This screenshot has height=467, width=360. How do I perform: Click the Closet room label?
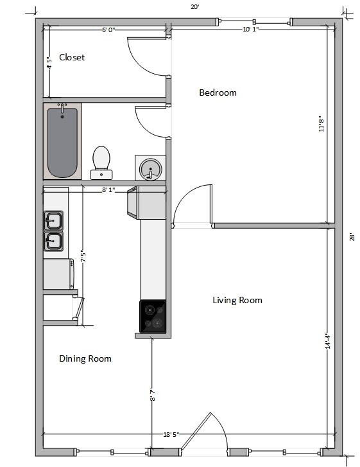tap(72, 57)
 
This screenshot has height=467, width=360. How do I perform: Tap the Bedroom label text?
tap(218, 93)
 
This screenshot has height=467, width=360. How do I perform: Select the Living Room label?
tap(237, 300)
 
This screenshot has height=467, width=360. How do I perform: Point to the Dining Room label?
tap(85, 358)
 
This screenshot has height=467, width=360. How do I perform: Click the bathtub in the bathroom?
tap(62, 141)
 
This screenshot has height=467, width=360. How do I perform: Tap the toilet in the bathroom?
tap(101, 163)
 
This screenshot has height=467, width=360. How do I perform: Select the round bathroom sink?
tap(151, 169)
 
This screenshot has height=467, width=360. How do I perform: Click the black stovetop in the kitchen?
tap(153, 316)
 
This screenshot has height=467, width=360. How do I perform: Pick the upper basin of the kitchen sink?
tap(53, 220)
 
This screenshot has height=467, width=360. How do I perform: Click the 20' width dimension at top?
tap(195, 6)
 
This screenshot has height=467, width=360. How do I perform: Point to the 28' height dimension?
tap(352, 237)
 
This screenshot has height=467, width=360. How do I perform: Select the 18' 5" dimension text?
tap(171, 434)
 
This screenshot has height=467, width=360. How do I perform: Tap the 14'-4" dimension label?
tap(328, 340)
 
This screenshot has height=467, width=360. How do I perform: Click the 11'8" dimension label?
tap(321, 124)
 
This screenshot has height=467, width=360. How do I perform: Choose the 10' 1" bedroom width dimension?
tap(251, 29)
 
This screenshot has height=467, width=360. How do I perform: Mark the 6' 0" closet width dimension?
tap(108, 30)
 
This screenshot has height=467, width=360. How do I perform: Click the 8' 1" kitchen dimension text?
tap(108, 189)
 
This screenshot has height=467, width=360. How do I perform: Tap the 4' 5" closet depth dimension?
tap(49, 63)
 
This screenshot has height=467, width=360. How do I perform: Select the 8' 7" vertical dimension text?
tap(153, 394)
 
